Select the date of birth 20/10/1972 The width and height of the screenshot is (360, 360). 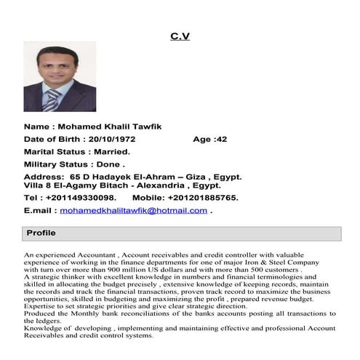tap(111, 139)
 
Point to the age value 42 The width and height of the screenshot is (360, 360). tap(222, 139)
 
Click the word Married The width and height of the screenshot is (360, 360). tap(111, 152)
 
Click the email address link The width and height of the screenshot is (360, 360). tap(133, 210)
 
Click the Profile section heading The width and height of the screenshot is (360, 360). tap(41, 233)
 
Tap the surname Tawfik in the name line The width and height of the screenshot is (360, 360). tap(145, 126)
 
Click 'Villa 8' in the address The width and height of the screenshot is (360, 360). tap(38, 186)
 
